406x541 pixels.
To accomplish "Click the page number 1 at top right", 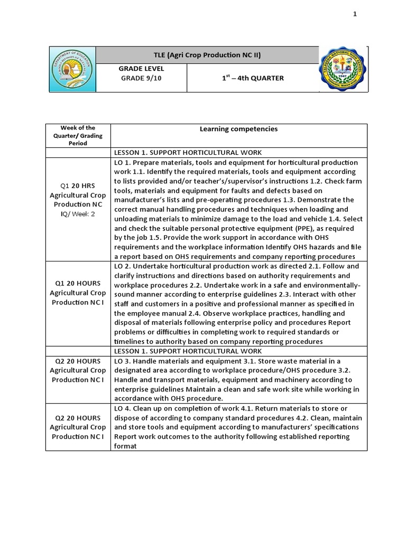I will (355, 14).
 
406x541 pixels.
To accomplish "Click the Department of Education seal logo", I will (73, 70).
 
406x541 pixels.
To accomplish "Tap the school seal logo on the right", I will (344, 70).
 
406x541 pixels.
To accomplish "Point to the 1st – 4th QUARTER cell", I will (252, 78).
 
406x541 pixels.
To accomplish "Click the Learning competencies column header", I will (238, 129).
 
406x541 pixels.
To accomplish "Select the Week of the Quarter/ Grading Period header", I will (78, 135).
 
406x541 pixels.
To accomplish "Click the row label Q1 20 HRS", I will (78, 185).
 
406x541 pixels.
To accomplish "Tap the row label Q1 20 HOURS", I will (78, 283).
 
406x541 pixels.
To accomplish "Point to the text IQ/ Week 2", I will (78, 214).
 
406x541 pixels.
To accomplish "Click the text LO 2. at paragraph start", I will (123, 266).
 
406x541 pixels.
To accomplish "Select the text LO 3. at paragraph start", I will (123, 361).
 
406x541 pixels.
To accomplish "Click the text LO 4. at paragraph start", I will (123, 408).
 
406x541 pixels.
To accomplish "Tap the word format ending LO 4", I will (125, 446).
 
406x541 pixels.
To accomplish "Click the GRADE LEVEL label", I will (141, 69).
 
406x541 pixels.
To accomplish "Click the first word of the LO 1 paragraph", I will (118, 162).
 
